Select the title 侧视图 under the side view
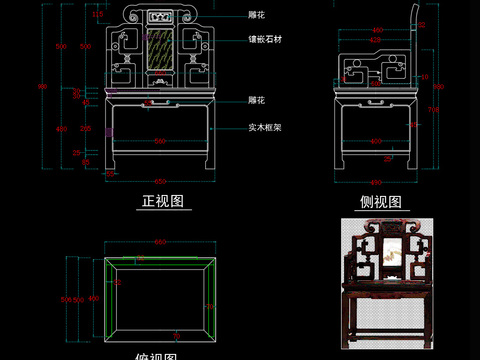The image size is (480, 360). point(380,201)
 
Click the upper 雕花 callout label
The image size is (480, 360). point(256,16)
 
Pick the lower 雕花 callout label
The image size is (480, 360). point(256,100)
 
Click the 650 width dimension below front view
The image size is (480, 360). point(160,181)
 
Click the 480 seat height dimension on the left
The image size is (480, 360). point(59,129)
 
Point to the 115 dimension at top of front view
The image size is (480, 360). point(97,15)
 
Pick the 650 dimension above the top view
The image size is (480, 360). point(160,243)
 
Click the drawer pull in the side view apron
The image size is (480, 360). point(377,99)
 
